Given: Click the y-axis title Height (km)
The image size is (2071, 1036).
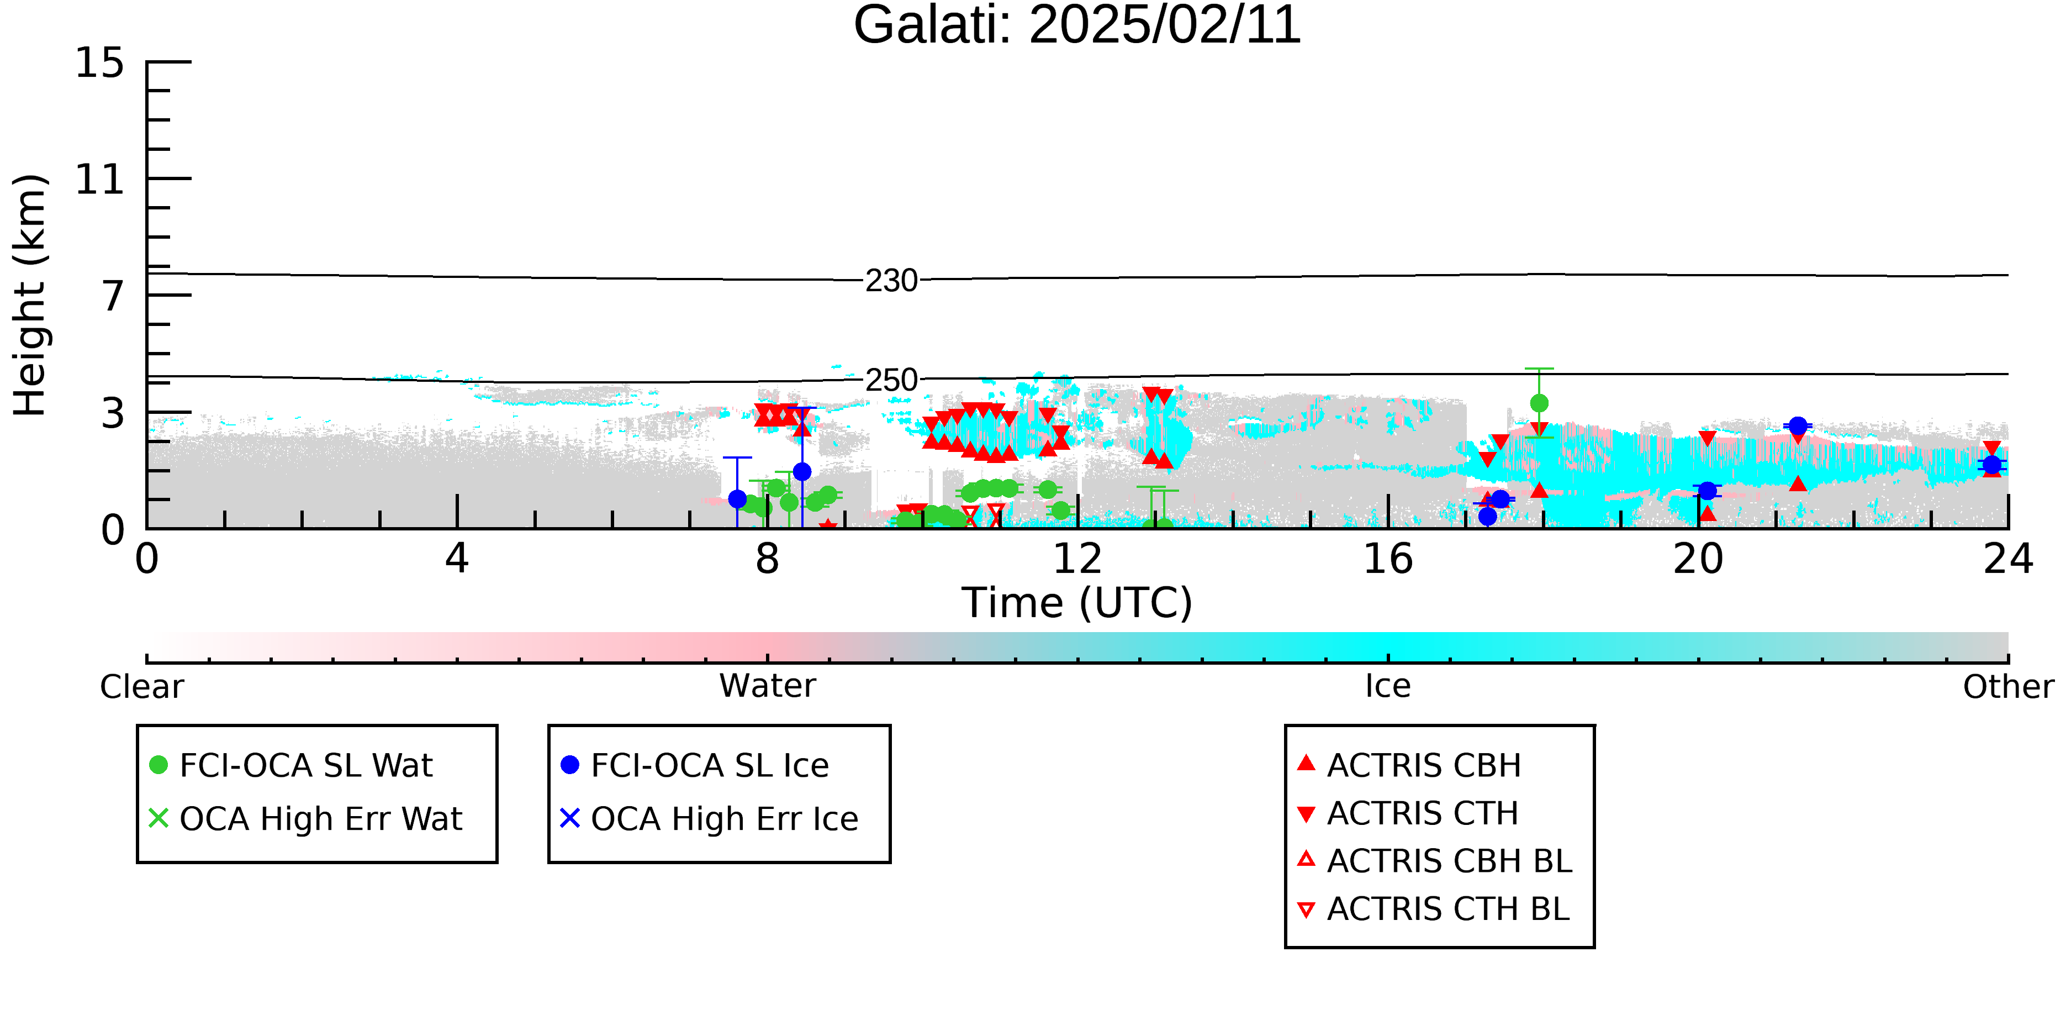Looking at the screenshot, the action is [30, 295].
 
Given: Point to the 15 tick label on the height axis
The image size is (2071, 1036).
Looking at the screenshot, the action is [100, 63].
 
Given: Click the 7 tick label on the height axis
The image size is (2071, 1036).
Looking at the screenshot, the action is [113, 296].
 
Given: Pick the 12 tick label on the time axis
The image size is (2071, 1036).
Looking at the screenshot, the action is [1077, 559].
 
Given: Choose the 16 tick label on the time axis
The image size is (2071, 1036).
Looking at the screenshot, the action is [1388, 559].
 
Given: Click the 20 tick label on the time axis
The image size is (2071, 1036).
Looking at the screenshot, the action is [1698, 559].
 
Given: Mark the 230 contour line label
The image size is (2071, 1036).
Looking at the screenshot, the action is [891, 281].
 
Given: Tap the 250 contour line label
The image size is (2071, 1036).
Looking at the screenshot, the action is [891, 380].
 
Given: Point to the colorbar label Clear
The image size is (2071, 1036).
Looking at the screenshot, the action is [141, 687].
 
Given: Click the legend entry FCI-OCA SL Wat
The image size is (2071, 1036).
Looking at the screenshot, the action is [291, 765].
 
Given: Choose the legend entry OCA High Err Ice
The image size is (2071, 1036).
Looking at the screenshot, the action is [710, 819].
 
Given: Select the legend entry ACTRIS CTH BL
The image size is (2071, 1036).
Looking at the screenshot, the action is [1434, 909].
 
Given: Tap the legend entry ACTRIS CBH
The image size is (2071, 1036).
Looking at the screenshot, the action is [1409, 765].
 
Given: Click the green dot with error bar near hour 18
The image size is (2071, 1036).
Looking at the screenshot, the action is [1539, 403].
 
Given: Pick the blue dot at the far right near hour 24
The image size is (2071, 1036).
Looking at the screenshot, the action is [1991, 465].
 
